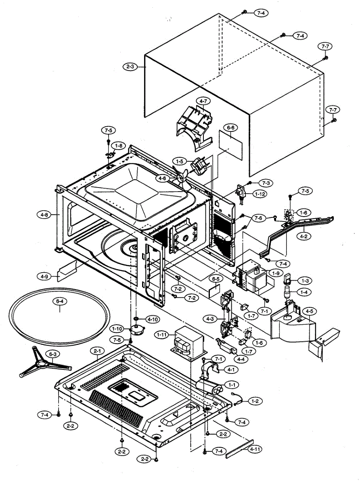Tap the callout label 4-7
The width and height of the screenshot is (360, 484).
pos(203,100)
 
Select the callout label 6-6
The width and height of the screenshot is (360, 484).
pos(231,128)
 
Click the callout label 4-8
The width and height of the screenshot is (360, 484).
pos(45,215)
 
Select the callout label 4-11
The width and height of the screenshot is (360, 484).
pos(254,449)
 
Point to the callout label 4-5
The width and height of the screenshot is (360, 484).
pos(310,311)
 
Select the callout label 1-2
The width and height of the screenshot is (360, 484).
pos(255,401)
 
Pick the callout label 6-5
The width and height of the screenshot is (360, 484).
pos(216,278)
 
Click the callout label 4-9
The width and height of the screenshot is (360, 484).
pos(44,277)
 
